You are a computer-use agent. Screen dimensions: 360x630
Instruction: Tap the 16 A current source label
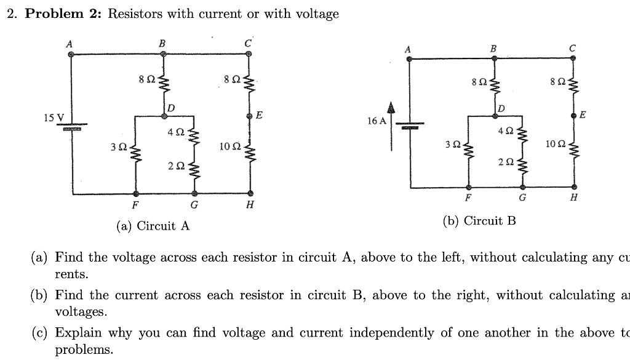(377, 121)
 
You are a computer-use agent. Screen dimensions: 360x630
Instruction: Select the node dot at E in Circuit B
(573, 116)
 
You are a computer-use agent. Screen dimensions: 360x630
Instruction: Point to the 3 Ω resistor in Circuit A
(135, 149)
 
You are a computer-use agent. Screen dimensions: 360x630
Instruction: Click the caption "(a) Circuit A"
(153, 226)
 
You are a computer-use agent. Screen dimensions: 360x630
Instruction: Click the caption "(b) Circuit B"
(479, 220)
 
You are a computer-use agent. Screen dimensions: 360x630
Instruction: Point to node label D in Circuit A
(170, 108)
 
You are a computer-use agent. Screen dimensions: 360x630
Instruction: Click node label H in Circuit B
(573, 198)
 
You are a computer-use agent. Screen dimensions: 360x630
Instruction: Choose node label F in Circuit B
(468, 198)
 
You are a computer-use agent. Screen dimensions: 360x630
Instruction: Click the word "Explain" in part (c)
(79, 333)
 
